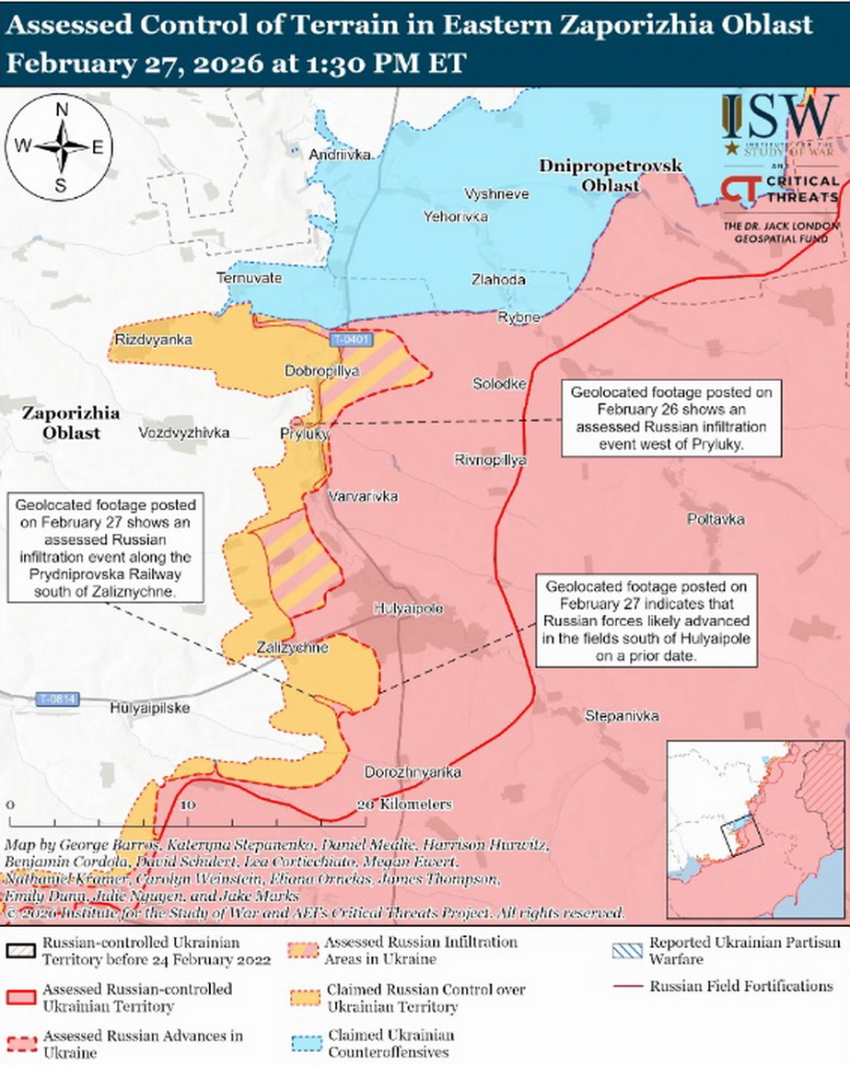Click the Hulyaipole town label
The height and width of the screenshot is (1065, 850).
tap(408, 609)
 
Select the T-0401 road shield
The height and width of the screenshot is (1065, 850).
tap(351, 340)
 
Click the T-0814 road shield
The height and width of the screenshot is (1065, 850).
tap(57, 699)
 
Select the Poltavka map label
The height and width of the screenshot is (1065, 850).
tap(716, 519)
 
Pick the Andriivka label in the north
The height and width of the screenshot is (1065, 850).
tap(341, 155)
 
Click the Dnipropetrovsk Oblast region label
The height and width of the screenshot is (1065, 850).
tap(610, 175)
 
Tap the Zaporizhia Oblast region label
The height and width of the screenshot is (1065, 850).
tap(61, 423)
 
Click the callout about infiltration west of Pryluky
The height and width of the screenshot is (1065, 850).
tap(670, 418)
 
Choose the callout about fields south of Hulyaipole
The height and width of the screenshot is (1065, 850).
tap(647, 621)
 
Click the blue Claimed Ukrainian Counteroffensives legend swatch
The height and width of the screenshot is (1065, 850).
tap(305, 1042)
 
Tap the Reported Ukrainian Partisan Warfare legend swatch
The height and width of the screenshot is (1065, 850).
tap(627, 950)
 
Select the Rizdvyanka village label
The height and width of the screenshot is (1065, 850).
tap(153, 340)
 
